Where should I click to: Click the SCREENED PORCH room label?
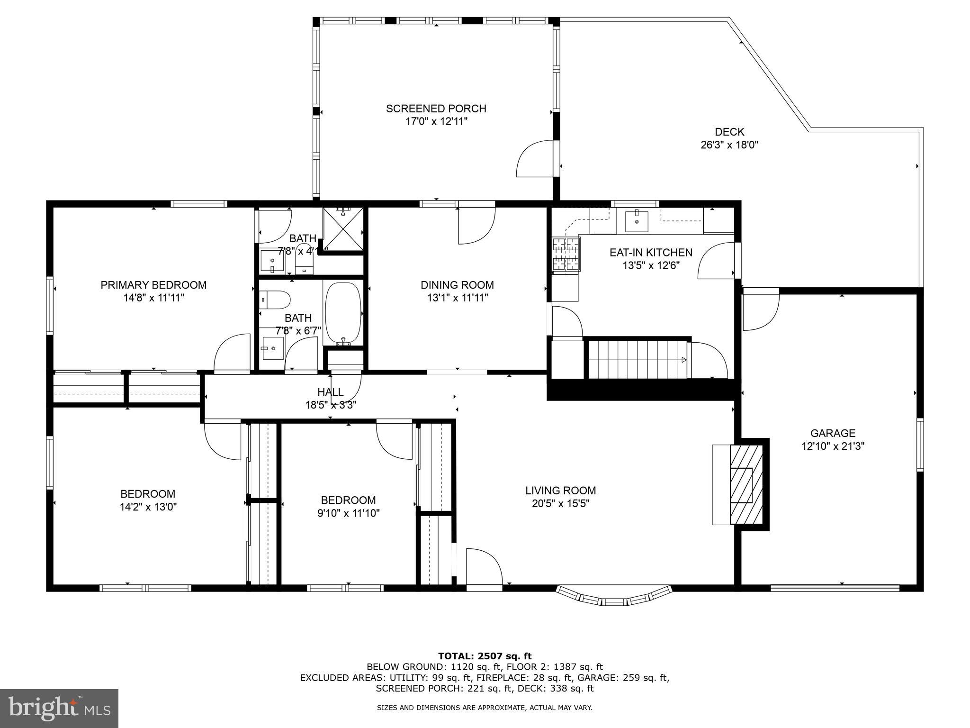[436, 109]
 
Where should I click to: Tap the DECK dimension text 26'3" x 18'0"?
[729, 145]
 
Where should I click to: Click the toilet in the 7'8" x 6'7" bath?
[275, 300]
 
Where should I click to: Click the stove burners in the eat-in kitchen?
[566, 255]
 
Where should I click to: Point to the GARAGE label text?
[833, 433]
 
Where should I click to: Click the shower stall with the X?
[343, 228]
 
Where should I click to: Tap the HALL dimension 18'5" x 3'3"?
[331, 405]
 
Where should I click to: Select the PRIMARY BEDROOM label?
[153, 285]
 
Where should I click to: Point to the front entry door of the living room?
[483, 569]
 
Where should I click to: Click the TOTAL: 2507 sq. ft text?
[485, 656]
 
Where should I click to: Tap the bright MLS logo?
[59, 708]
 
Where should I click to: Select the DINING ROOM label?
[457, 285]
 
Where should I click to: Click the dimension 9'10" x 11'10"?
[348, 513]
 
